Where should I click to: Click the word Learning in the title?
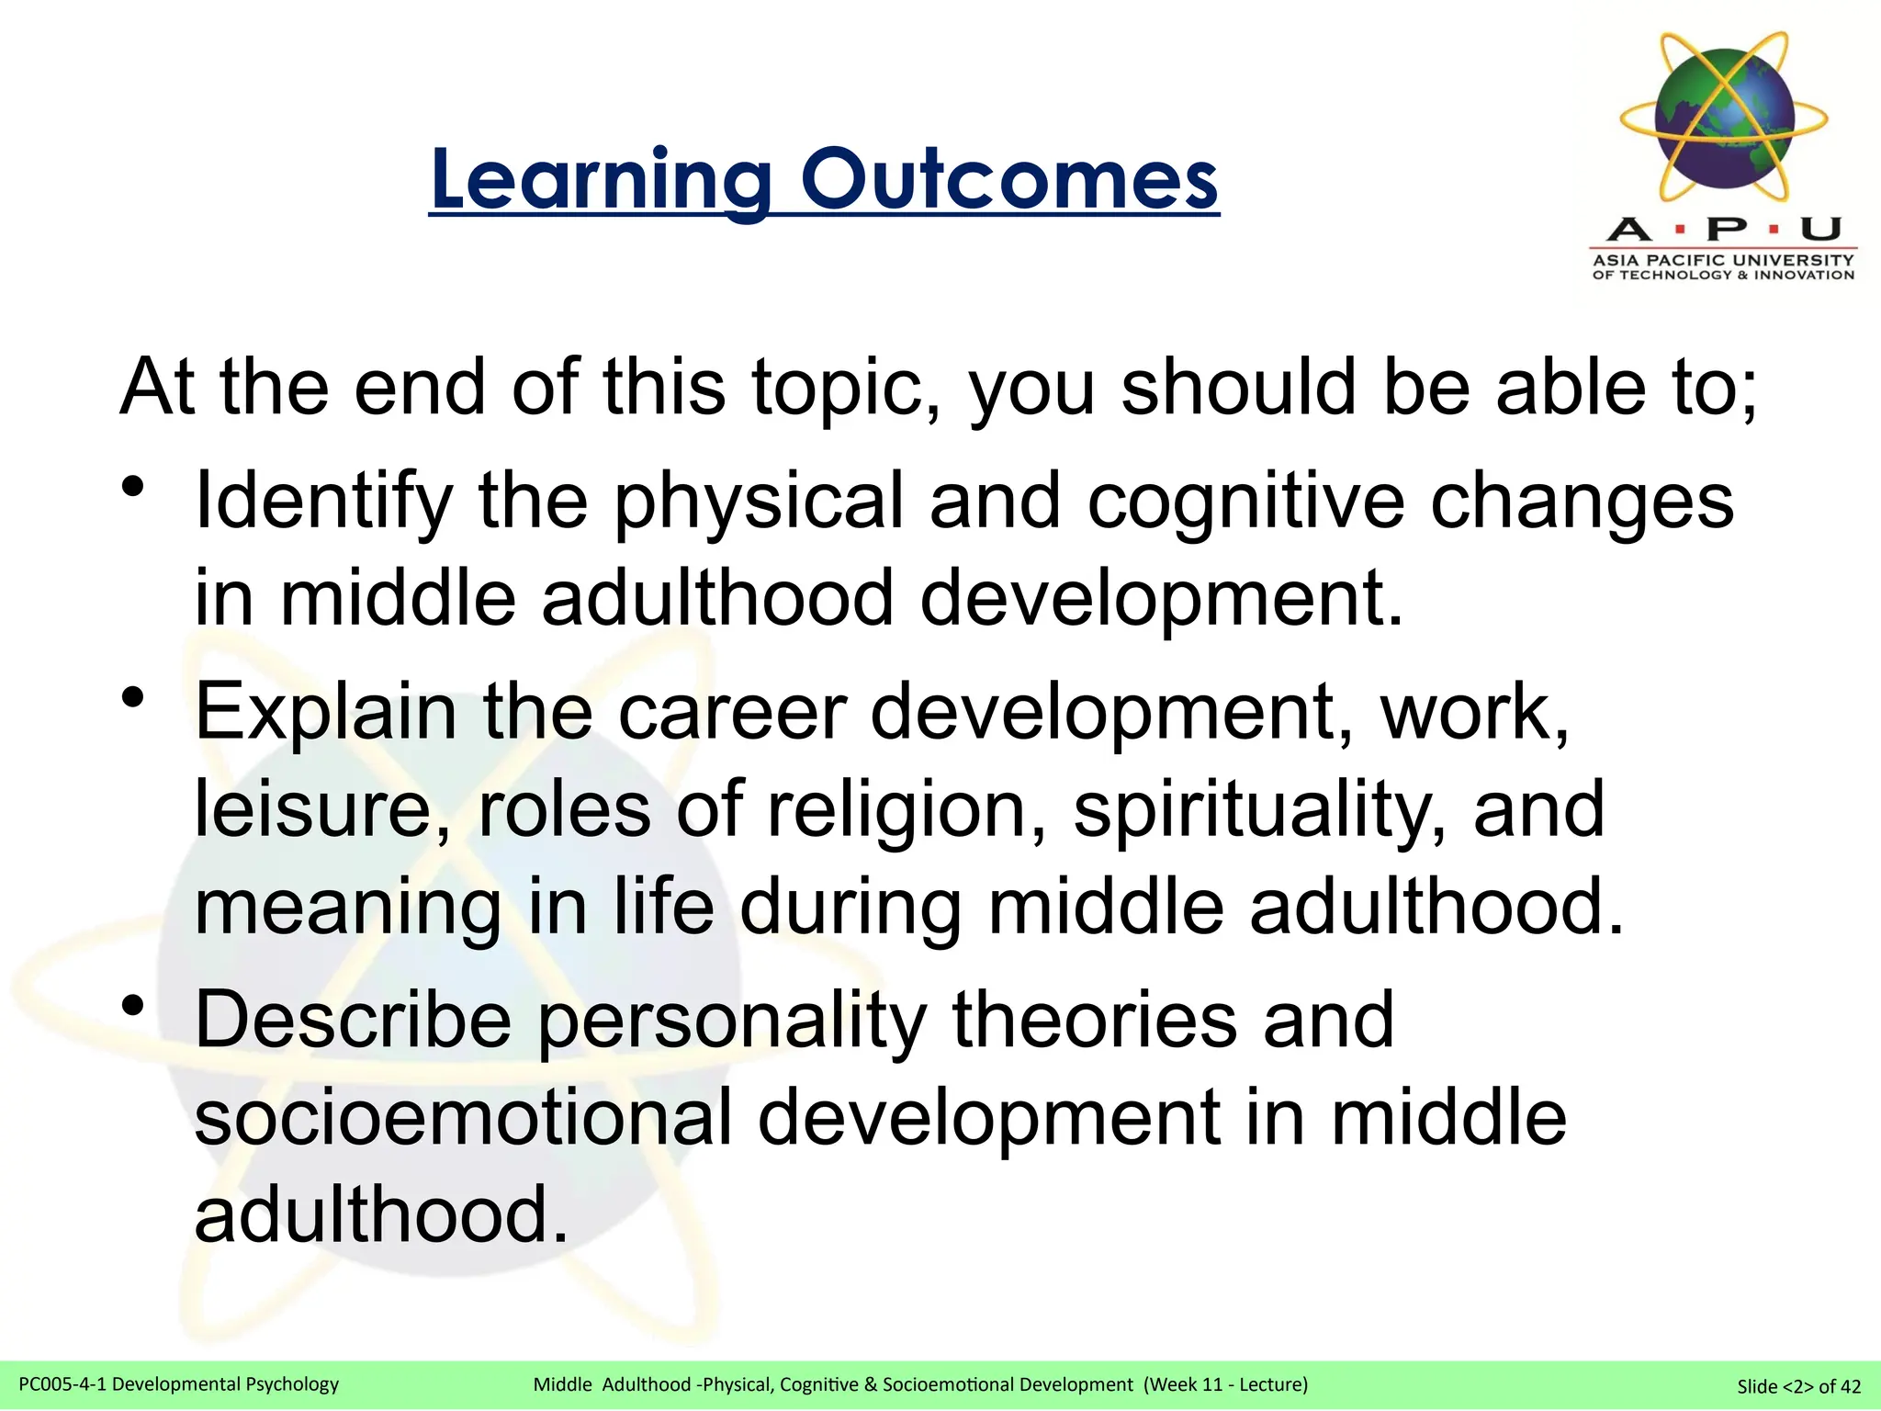click(x=601, y=180)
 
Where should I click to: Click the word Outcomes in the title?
click(x=1009, y=179)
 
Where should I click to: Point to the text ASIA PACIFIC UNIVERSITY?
click(x=1723, y=260)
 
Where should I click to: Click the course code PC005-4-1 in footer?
click(x=62, y=1384)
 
